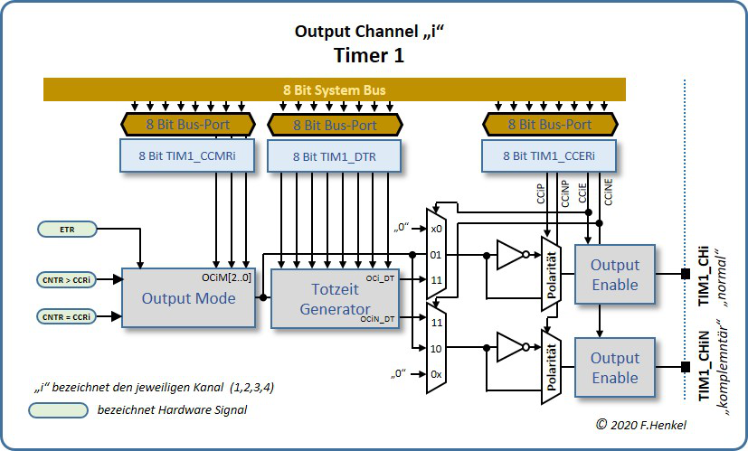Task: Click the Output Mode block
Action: (x=188, y=298)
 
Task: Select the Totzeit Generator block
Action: (x=336, y=298)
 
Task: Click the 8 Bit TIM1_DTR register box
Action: (x=335, y=156)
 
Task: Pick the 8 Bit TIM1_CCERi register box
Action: (x=549, y=156)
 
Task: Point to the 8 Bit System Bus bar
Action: (x=335, y=89)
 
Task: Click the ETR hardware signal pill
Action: (x=68, y=230)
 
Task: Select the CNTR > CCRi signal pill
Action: (x=68, y=279)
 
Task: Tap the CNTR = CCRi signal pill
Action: (x=68, y=316)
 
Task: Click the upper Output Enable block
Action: (x=614, y=274)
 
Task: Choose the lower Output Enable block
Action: (x=614, y=367)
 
